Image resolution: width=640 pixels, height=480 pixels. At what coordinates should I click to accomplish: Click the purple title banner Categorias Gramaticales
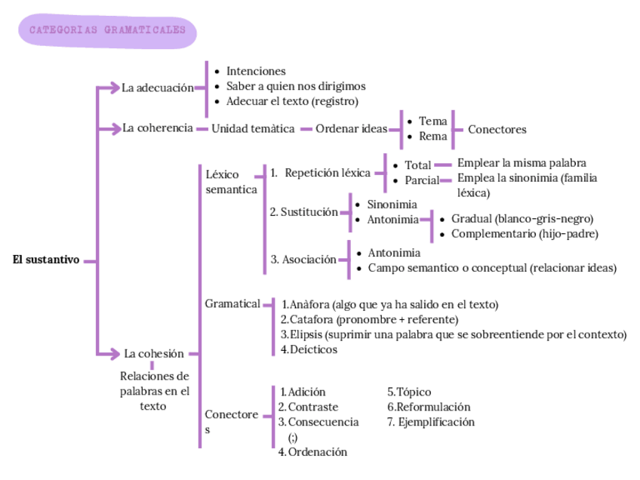106,31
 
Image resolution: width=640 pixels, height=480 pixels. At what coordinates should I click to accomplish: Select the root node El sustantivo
46,260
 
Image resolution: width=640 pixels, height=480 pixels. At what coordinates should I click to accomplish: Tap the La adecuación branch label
158,88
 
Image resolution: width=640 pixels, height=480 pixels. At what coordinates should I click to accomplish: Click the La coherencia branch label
158,128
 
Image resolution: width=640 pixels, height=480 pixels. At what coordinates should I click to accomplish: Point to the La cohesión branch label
154,353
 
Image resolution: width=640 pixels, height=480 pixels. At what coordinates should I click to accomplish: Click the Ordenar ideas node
351,129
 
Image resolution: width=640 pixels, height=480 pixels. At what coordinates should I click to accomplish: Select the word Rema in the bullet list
433,137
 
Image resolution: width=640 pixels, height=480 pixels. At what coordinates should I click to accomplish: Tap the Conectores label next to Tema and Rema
497,129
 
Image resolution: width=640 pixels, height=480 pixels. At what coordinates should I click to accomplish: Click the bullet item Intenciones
256,71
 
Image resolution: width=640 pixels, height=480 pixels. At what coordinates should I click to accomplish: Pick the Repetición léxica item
328,173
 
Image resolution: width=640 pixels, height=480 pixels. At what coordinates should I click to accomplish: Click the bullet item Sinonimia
392,205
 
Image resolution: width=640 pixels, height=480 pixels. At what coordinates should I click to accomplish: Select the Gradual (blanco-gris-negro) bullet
522,219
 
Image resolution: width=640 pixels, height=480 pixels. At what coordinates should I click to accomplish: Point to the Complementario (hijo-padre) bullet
525,234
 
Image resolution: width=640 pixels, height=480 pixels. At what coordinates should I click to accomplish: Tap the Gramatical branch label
232,303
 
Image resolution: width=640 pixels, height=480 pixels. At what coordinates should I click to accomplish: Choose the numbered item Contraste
312,407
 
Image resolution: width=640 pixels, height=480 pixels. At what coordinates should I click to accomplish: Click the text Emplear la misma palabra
522,163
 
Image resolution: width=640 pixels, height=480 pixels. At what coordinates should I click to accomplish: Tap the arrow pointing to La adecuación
112,88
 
